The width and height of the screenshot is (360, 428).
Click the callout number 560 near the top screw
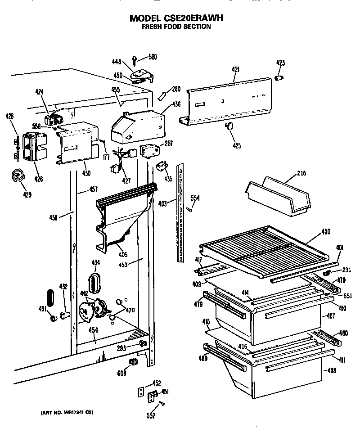click(153, 57)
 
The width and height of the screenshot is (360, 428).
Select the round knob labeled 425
click(230, 126)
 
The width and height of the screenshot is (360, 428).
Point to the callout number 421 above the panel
click(235, 69)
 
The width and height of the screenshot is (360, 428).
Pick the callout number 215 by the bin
click(302, 173)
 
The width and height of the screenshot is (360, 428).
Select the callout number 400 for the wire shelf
click(326, 232)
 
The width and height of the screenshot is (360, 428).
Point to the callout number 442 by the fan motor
click(84, 293)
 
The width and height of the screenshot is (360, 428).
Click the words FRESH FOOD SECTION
click(176, 27)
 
